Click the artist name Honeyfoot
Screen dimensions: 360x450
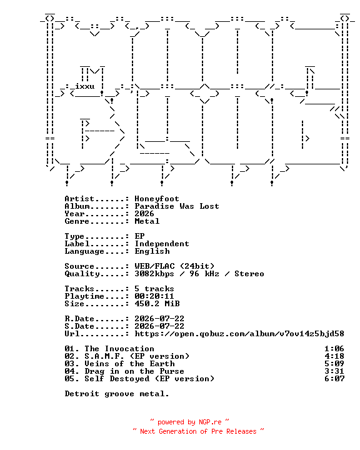157,199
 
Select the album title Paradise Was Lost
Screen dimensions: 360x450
177,206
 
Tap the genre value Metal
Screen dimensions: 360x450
147,221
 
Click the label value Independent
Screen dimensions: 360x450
162,244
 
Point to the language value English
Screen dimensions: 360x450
152,251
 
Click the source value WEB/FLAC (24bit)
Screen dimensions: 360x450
174,266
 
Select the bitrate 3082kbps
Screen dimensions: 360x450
154,274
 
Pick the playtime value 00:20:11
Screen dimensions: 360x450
154,296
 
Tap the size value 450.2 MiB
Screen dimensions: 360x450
157,304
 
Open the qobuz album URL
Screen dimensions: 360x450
239,334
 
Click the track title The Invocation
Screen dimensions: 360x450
119,349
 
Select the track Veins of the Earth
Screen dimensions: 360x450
129,364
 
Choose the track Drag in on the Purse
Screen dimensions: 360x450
134,371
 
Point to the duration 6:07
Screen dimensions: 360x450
334,379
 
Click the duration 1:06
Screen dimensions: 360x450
334,349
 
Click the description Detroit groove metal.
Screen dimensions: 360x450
117,394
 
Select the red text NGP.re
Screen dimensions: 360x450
210,422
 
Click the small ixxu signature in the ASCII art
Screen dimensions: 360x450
85,86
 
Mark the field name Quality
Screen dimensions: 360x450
82,274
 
